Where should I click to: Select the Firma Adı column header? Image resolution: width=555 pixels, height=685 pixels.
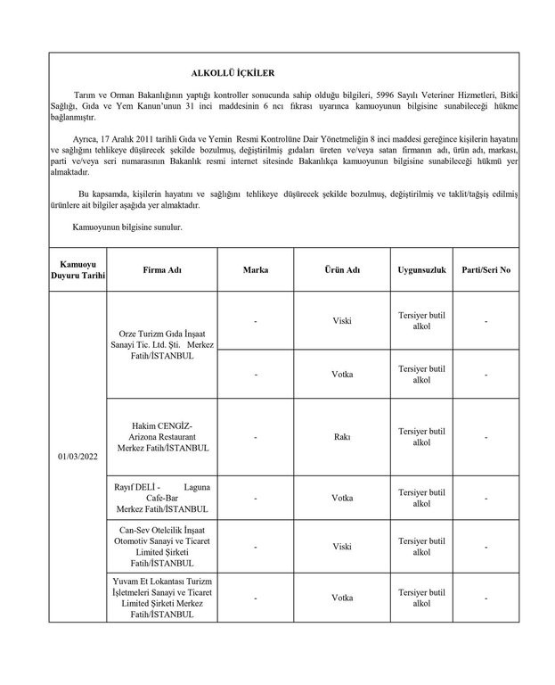[161, 269]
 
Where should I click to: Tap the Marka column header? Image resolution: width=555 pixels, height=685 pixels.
[255, 269]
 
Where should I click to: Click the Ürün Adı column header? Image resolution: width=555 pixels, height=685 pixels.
[341, 269]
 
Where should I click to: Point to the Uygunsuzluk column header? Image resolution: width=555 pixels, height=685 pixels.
[421, 269]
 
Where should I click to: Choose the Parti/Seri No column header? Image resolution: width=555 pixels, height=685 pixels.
[486, 269]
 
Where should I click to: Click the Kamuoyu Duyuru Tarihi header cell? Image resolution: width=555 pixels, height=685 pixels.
[78, 269]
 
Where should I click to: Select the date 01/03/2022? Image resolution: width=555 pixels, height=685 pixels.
[78, 456]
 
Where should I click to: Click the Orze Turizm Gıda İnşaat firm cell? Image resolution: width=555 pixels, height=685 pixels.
[161, 343]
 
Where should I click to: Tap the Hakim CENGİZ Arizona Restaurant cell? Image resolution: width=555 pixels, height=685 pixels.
[161, 437]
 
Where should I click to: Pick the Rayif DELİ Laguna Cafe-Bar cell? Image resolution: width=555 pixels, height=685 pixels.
[161, 499]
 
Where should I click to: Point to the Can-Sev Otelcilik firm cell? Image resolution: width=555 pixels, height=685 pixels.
[161, 545]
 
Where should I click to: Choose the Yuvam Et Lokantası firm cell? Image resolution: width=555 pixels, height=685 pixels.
[161, 596]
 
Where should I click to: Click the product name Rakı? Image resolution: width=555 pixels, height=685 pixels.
[341, 437]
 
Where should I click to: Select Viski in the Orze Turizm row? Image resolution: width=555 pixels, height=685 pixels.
[341, 320]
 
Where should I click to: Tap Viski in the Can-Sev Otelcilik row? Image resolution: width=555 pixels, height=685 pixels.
[341, 546]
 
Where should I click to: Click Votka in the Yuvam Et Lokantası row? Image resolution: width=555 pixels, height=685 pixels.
[341, 597]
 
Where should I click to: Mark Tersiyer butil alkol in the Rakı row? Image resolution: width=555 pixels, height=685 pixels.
[421, 437]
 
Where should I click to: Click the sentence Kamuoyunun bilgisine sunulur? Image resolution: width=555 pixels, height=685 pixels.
[127, 227]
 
